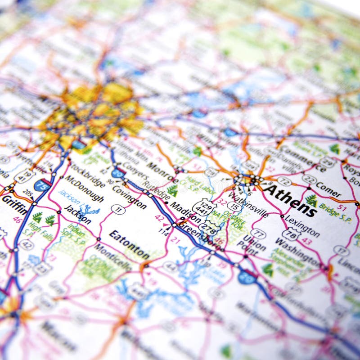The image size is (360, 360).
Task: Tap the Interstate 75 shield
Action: click(42, 184)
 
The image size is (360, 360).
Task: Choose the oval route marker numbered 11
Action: click(118, 209)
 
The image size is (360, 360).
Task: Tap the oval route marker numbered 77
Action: click(258, 233)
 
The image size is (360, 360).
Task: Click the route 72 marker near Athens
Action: click(284, 181)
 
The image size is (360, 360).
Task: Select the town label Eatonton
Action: click(129, 244)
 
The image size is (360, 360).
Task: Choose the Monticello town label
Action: click(113, 257)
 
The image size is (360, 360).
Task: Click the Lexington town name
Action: click(302, 226)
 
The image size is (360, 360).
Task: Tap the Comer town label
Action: click(328, 189)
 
